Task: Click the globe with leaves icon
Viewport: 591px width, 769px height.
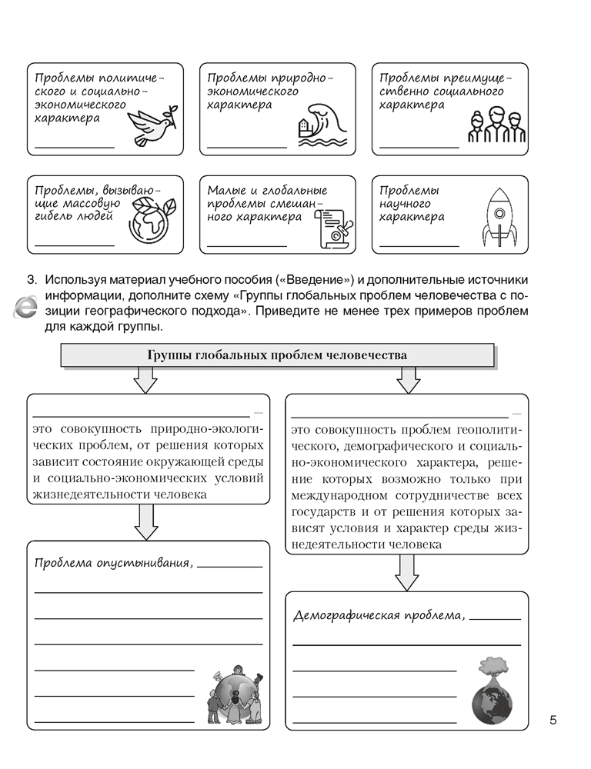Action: (152, 222)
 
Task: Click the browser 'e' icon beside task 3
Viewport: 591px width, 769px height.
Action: (25, 309)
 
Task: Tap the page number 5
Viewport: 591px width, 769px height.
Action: (553, 720)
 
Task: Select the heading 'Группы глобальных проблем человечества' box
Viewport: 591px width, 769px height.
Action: (276, 355)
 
